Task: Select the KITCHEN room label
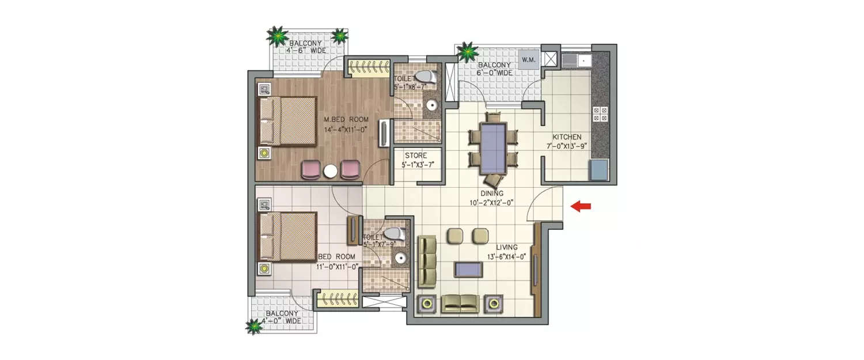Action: (x=567, y=137)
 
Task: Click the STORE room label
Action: (x=415, y=156)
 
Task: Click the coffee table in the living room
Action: (x=468, y=269)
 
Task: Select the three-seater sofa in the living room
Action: (x=427, y=261)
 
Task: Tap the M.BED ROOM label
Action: (x=346, y=119)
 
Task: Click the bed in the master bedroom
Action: (x=287, y=122)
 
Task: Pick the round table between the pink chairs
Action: (x=331, y=172)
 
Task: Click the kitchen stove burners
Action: (x=600, y=114)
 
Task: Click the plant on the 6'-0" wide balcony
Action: (x=467, y=52)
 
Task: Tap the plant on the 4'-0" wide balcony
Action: (x=254, y=326)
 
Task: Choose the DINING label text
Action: (x=493, y=194)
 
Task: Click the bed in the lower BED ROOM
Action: (x=287, y=237)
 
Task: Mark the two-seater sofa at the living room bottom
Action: (x=459, y=303)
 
